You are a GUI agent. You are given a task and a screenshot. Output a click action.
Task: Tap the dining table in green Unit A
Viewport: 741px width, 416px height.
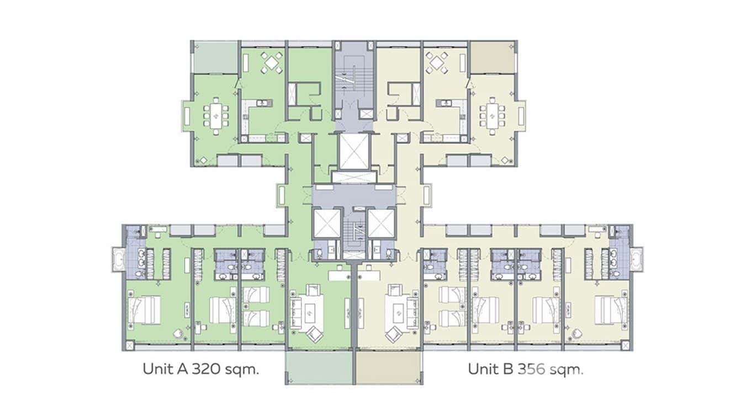pyautogui.click(x=216, y=116)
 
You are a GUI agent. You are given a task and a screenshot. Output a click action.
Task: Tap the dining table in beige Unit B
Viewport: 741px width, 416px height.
pyautogui.click(x=492, y=116)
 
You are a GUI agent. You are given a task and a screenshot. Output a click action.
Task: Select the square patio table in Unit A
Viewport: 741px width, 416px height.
pyautogui.click(x=271, y=62)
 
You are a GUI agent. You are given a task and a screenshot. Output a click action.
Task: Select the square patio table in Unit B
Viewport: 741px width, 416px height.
pyautogui.click(x=437, y=62)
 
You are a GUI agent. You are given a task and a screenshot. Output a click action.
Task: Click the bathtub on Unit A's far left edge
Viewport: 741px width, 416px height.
pyautogui.click(x=118, y=259)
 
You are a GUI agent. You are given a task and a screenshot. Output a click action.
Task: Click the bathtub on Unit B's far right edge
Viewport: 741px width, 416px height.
pyautogui.click(x=636, y=259)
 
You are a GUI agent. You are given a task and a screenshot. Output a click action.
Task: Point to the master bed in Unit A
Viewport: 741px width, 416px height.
pyautogui.click(x=144, y=310)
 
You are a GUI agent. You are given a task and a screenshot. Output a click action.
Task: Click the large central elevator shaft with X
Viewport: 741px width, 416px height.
pyautogui.click(x=354, y=152)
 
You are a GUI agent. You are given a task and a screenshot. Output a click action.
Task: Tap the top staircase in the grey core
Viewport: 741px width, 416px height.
pyautogui.click(x=353, y=79)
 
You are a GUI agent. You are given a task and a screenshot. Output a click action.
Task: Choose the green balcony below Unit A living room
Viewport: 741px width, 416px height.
pyautogui.click(x=319, y=367)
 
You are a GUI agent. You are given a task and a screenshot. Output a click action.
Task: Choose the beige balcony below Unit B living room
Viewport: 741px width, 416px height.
pyautogui.click(x=389, y=367)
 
